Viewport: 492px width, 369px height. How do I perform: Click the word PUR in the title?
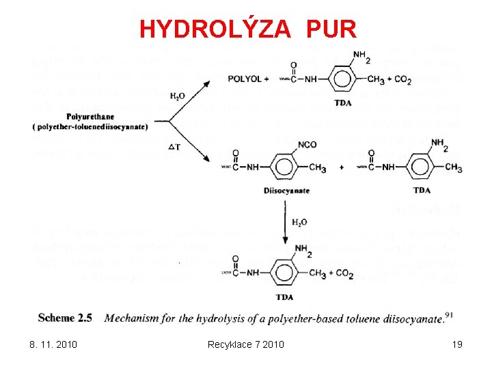point(331,29)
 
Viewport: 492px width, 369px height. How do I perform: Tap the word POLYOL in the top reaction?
point(245,79)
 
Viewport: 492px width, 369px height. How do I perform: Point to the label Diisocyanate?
point(286,191)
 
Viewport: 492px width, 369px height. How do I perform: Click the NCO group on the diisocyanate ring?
point(306,145)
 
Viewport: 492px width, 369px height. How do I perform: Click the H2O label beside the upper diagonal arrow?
point(177,96)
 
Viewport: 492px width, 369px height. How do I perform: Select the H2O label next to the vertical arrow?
point(299,222)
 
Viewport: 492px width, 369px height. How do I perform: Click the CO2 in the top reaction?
point(401,80)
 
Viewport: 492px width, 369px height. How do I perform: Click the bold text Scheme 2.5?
point(65,318)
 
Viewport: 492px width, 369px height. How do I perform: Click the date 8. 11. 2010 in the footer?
point(53,344)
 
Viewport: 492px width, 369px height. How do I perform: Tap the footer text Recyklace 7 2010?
point(245,344)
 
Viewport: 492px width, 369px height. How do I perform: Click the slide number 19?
point(457,344)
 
